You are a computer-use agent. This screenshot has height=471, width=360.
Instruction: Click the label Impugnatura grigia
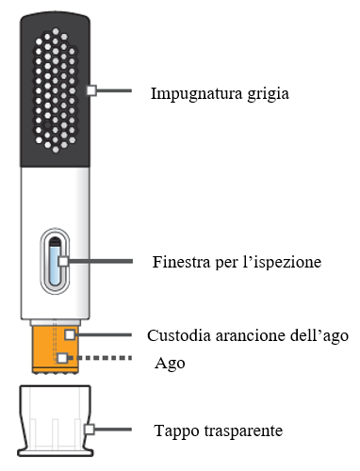(x=220, y=93)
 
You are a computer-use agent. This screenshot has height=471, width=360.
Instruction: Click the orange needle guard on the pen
(x=51, y=349)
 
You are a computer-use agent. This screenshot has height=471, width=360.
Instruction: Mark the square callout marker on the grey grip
(x=90, y=90)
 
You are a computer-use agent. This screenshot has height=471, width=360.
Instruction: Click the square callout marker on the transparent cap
(x=90, y=429)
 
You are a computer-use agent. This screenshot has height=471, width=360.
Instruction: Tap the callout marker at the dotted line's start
(x=62, y=359)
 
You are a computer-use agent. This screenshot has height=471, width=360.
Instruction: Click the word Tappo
(x=173, y=431)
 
